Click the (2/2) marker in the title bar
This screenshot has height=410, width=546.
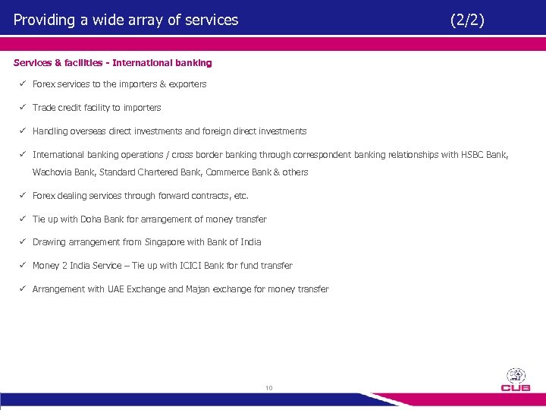(466, 20)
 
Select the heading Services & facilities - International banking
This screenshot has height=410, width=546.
(112, 63)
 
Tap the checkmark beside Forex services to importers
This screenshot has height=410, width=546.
(24, 84)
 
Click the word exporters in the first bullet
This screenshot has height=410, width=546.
(187, 84)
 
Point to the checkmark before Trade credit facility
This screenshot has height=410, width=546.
(24, 108)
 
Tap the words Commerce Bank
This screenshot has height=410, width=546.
(237, 172)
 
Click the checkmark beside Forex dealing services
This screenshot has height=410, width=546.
(24, 196)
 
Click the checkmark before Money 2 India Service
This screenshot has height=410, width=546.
(24, 266)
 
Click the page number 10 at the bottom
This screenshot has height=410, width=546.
(268, 389)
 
